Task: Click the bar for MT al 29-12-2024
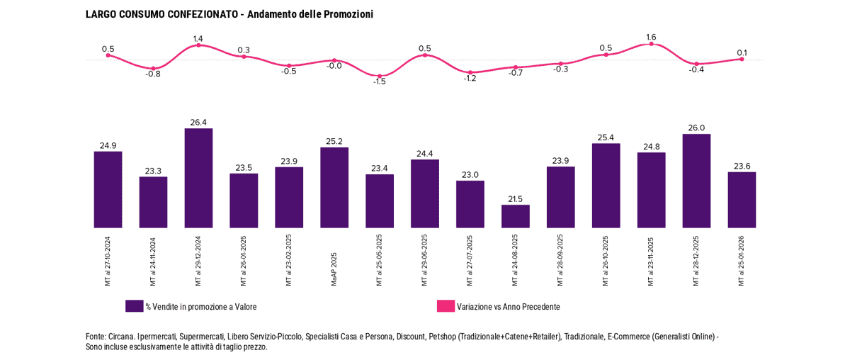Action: tap(198, 178)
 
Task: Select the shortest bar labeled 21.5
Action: tap(516, 216)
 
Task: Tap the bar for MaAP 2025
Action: tap(334, 188)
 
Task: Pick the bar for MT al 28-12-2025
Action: tap(696, 181)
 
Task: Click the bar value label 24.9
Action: tap(108, 145)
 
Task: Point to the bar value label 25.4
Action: tap(606, 137)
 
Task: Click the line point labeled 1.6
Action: tap(651, 44)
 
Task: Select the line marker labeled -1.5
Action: tap(380, 76)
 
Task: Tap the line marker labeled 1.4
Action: tap(198, 45)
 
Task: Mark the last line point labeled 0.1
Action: tap(742, 60)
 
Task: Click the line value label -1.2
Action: tap(470, 78)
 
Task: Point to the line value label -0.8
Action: tap(153, 74)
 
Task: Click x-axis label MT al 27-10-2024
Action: tap(108, 260)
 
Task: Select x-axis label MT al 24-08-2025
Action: tap(516, 260)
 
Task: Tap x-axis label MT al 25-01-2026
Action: tap(742, 260)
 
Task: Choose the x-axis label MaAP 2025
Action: tap(334, 269)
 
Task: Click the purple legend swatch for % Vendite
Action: tap(134, 306)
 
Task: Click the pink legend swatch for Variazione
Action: tap(446, 306)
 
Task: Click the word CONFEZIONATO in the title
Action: tap(202, 14)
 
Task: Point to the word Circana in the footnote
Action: tap(120, 337)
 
